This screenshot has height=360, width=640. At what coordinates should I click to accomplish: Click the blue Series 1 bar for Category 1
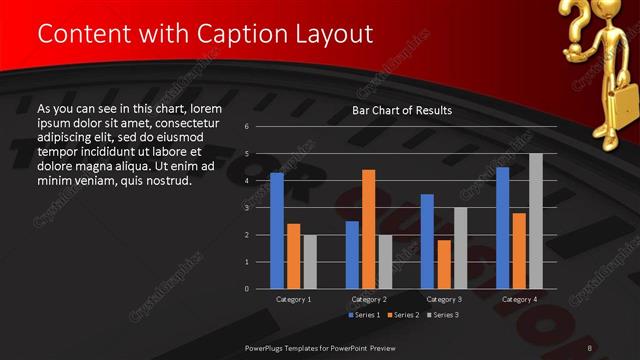click(277, 231)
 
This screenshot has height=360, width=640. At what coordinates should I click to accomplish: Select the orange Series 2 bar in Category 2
click(368, 229)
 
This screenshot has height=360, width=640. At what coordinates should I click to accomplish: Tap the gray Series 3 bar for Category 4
click(536, 221)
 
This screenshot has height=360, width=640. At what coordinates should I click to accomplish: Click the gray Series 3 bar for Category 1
click(310, 262)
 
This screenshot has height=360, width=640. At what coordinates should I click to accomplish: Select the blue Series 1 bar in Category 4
click(502, 228)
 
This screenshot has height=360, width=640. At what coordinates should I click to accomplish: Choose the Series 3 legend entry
click(442, 315)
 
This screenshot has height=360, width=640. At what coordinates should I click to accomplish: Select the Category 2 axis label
click(368, 299)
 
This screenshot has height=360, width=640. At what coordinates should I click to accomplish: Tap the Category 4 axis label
click(519, 299)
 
